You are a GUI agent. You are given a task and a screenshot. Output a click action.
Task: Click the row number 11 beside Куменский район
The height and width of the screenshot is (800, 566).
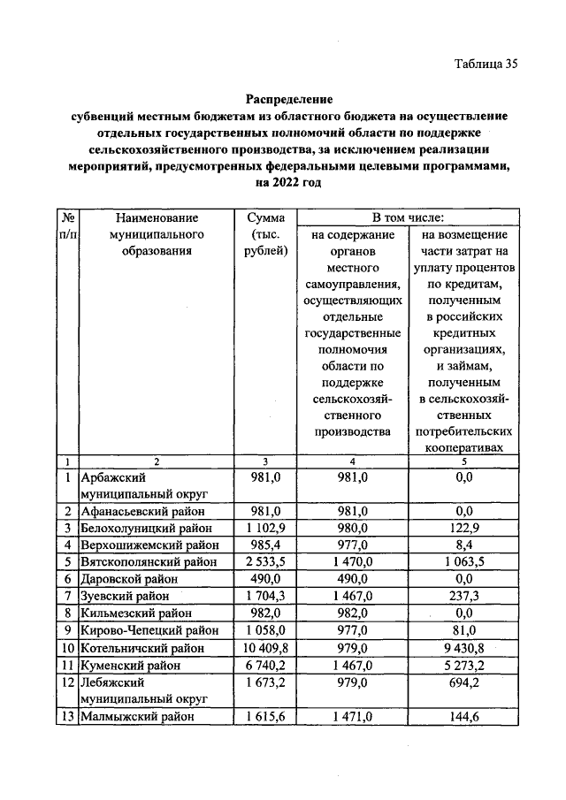(x=67, y=665)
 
